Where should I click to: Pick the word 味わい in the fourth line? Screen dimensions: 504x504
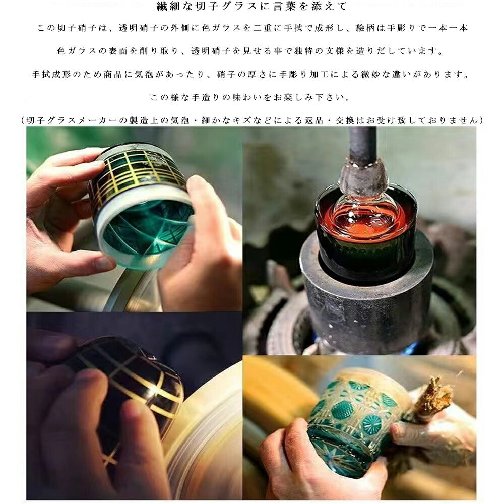pos(247,97)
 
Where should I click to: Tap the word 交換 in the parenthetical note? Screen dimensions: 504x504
pos(345,120)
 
